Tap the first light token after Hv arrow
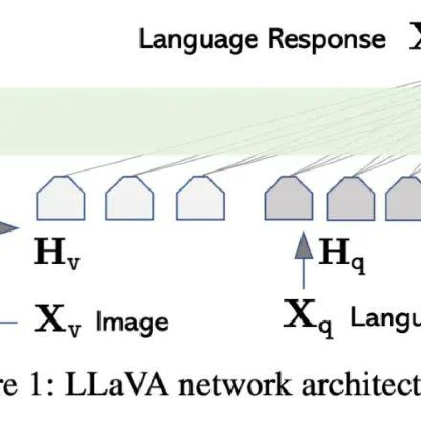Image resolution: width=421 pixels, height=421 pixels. [x=61, y=198]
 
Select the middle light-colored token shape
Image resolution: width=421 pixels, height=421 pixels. [x=129, y=198]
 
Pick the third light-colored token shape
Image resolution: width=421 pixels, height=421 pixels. [x=200, y=198]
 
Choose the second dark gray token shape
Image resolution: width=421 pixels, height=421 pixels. [x=351, y=198]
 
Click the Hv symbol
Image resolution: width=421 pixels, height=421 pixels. [x=57, y=252]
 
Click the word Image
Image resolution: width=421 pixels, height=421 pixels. [x=132, y=320]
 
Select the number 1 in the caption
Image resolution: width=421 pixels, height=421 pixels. [x=48, y=387]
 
